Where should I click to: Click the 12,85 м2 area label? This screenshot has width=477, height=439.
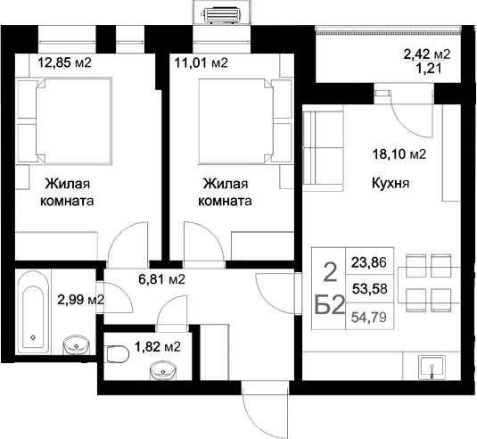[64, 63]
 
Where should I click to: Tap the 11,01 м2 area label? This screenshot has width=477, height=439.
[201, 63]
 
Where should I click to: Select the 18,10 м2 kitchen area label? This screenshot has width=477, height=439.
[398, 153]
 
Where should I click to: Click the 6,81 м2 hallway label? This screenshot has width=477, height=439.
[161, 279]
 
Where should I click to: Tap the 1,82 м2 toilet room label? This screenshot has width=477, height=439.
[156, 346]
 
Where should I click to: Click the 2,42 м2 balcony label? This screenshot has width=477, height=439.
[426, 54]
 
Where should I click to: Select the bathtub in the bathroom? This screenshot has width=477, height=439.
[34, 313]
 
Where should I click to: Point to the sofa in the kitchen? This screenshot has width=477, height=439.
[322, 151]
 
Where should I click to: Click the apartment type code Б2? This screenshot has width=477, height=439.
[330, 304]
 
